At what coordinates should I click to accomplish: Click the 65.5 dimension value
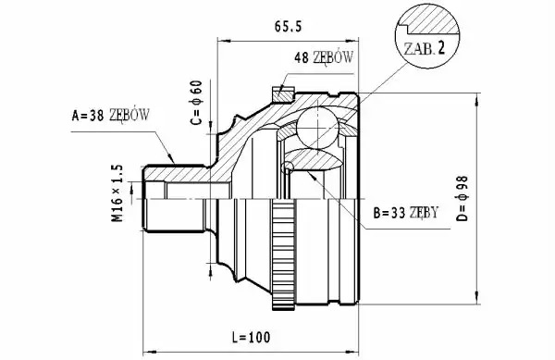pos(288,26)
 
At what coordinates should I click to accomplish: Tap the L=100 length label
pos(251,338)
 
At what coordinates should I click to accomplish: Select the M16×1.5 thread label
pos(117,193)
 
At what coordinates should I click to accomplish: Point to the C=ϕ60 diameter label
pos(196,103)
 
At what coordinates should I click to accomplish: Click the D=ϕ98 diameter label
pos(462,199)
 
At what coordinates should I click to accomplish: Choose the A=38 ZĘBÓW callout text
pos(110,115)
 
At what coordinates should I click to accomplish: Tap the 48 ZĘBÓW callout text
pos(324,57)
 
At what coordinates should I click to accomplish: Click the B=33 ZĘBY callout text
pos(406,213)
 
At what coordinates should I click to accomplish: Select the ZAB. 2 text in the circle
pos(425,48)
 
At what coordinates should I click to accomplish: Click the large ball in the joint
pos(318,127)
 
